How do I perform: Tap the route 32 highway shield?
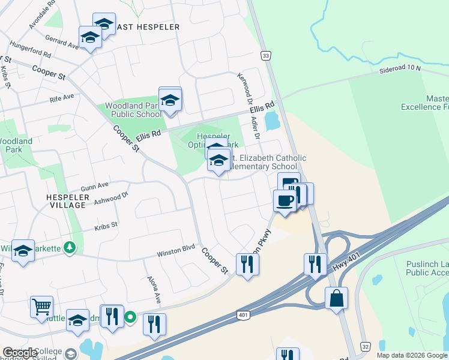pos(365,347)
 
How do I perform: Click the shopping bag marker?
pos(337,297)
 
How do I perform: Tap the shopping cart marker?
pos(41,306)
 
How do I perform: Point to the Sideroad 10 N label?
pos(400,69)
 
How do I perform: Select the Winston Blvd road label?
pos(176,249)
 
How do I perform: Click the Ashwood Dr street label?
pos(111,199)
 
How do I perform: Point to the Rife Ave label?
pos(62,97)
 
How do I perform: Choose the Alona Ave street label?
pos(154,289)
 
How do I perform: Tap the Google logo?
pos(20,353)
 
